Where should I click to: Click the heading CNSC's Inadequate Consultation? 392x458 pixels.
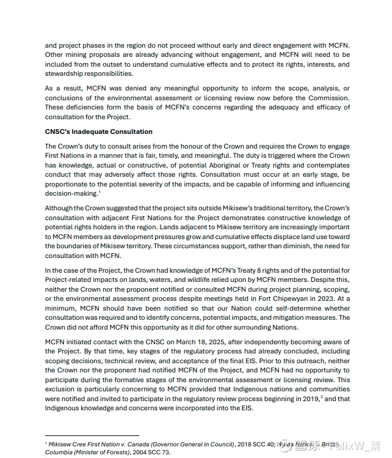[98, 131]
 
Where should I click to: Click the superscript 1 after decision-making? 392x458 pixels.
[100, 191]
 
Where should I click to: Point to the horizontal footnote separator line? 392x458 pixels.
[92, 435]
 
